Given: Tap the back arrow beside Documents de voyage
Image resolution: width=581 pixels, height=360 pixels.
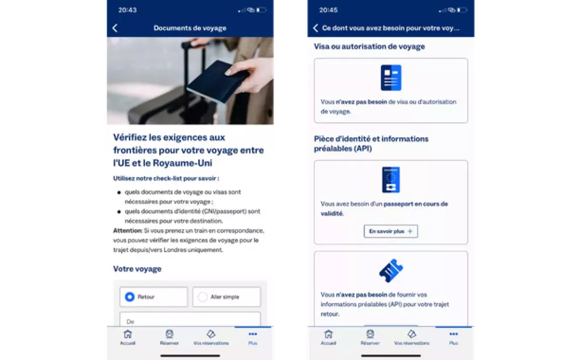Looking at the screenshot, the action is pyautogui.click(x=115, y=28).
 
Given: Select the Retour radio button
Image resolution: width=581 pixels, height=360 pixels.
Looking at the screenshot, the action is pyautogui.click(x=130, y=297).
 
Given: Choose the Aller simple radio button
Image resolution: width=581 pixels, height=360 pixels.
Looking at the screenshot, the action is pyautogui.click(x=202, y=297).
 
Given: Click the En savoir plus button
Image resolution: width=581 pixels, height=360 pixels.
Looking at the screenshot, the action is pyautogui.click(x=391, y=231).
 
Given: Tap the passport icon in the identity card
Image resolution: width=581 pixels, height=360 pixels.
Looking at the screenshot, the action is pyautogui.click(x=391, y=180).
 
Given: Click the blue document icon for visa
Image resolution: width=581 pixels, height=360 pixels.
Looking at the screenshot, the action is pyautogui.click(x=391, y=78).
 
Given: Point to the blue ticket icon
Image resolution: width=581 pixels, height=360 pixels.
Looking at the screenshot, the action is pyautogui.click(x=391, y=270).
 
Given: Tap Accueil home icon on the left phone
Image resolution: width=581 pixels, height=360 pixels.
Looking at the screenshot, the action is pyautogui.click(x=127, y=334).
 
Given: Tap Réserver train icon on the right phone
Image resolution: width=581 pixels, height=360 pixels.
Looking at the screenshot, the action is pyautogui.click(x=370, y=334).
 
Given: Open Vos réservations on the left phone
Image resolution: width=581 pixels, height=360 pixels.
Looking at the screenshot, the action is pyautogui.click(x=211, y=337).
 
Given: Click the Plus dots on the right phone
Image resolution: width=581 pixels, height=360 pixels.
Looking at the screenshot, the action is pyautogui.click(x=454, y=334).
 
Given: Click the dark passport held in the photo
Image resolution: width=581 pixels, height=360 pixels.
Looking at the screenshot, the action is pyautogui.click(x=218, y=81).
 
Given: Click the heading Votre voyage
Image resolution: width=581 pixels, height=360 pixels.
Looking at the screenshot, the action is pyautogui.click(x=137, y=269).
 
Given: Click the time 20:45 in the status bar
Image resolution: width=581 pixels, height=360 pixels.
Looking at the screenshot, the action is pyautogui.click(x=328, y=10).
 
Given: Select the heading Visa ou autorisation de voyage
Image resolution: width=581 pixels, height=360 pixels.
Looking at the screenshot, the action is pyautogui.click(x=369, y=46).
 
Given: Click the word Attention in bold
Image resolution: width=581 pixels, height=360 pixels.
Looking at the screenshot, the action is pyautogui.click(x=127, y=230).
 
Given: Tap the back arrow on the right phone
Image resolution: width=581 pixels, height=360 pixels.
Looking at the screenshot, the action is pyautogui.click(x=315, y=28).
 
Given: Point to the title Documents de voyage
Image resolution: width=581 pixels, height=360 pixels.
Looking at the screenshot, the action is pyautogui.click(x=190, y=28).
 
